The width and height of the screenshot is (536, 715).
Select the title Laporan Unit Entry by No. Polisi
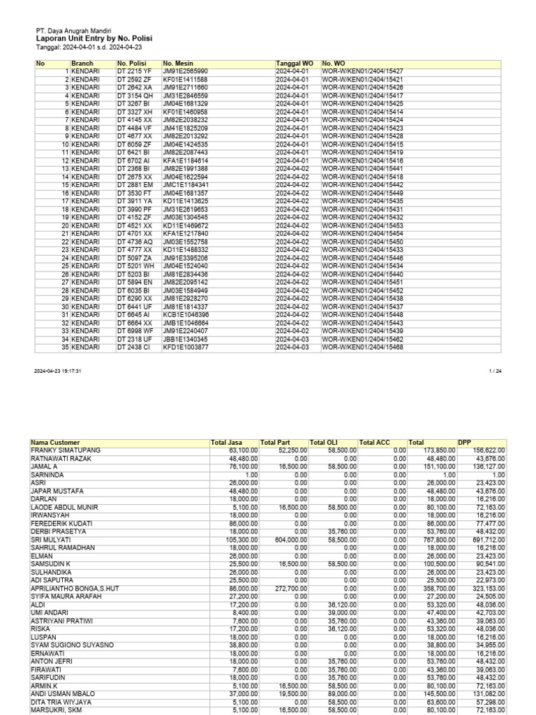tap(94, 39)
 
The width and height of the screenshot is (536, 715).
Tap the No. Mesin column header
tap(178, 64)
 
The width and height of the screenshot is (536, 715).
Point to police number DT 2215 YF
tap(135, 71)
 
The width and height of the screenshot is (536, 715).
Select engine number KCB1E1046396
tap(186, 314)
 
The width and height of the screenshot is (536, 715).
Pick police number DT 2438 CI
tap(134, 347)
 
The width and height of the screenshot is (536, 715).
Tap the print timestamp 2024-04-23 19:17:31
tap(58, 371)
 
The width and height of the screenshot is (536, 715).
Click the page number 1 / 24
tap(496, 371)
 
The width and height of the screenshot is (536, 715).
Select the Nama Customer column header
tap(55, 443)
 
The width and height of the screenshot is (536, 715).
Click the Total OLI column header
tap(327, 443)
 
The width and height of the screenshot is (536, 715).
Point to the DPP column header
tap(465, 443)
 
